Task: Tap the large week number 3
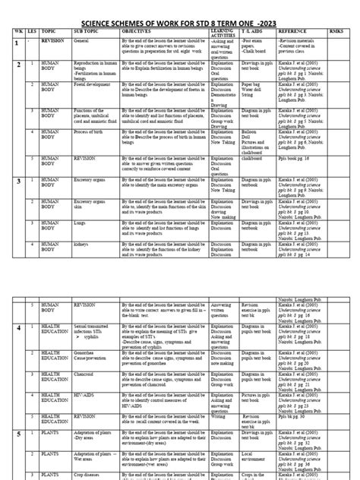click(17, 183)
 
